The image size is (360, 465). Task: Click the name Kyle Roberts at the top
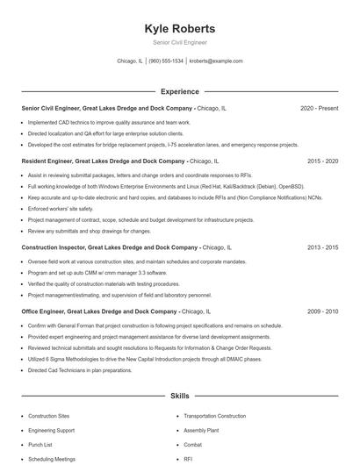point(179,29)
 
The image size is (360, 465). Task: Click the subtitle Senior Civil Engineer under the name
point(179,43)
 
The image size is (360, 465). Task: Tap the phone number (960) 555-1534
point(166,61)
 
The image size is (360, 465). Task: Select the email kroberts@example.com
point(216,61)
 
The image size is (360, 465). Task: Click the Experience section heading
point(179,90)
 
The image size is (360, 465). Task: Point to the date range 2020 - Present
point(319,108)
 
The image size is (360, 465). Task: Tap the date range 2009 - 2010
point(322,311)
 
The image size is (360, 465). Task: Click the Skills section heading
point(179,396)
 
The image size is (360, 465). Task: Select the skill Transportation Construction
point(214,415)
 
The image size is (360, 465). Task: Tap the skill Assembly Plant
point(201,430)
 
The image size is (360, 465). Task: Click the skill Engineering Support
point(52,430)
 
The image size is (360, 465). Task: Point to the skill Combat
point(193,445)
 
